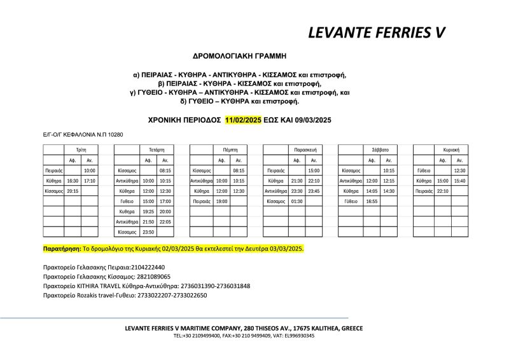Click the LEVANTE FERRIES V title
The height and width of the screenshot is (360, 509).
click(376, 32)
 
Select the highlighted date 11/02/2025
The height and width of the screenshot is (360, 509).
click(243, 120)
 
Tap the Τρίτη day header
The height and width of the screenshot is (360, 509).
click(81, 149)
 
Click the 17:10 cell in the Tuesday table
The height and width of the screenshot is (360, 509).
click(90, 181)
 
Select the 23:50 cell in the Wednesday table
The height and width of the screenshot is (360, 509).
click(148, 232)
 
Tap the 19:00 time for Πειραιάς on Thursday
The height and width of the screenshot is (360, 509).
click(221, 201)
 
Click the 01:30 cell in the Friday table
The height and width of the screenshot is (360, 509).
click(296, 201)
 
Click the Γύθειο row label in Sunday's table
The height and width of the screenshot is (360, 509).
click(424, 170)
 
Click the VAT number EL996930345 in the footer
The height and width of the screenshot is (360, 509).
click(296, 335)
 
